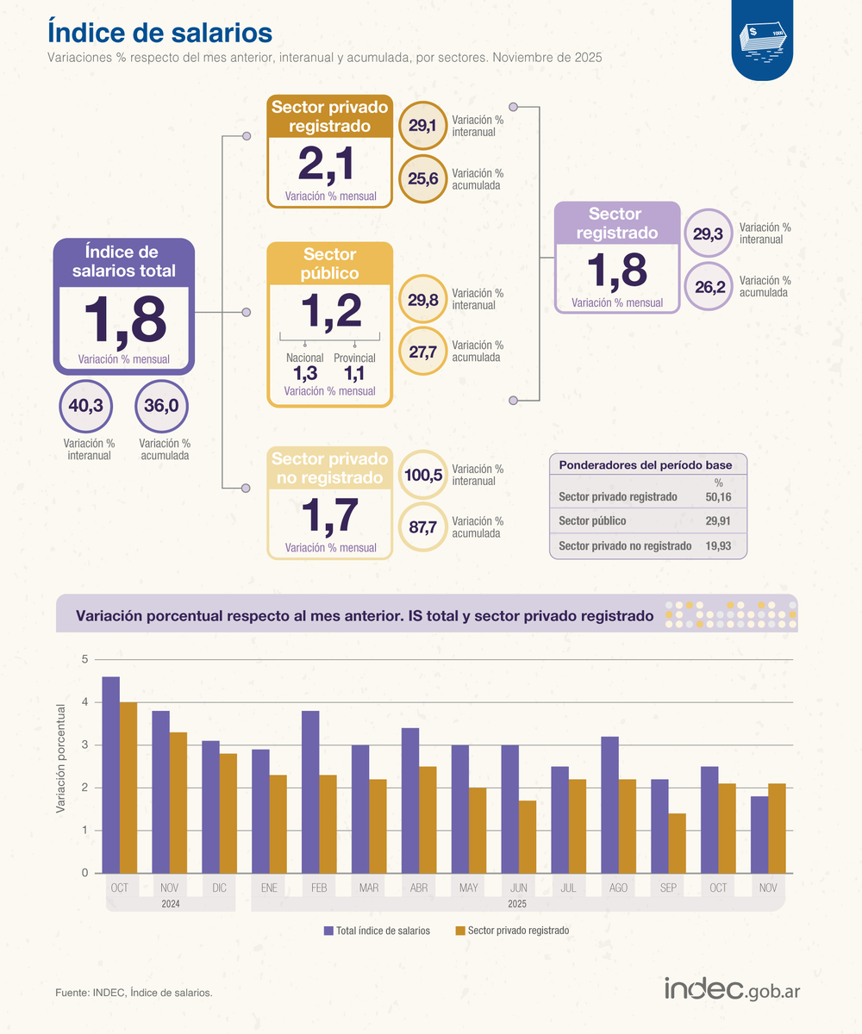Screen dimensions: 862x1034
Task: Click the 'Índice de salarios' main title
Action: click(160, 33)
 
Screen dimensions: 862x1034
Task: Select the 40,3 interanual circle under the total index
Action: click(85, 406)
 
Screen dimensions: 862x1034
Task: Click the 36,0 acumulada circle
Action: click(161, 406)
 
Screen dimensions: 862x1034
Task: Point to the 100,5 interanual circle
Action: click(423, 475)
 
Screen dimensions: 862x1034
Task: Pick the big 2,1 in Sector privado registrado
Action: click(327, 164)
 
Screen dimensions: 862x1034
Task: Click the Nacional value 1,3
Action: click(305, 374)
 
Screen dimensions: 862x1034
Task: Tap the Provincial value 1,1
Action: click(354, 374)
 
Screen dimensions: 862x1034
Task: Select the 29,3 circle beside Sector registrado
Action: click(709, 234)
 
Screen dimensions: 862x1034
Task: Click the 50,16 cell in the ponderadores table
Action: click(718, 496)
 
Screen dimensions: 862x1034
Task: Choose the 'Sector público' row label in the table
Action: click(592, 521)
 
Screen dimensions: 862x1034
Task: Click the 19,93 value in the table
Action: click(718, 545)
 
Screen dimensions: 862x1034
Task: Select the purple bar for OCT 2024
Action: click(111, 775)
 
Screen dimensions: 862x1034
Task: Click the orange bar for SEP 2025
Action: click(678, 843)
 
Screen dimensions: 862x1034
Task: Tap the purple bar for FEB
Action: click(310, 792)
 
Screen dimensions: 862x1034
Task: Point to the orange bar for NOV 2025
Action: click(777, 828)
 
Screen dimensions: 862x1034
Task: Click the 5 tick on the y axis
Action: click(85, 659)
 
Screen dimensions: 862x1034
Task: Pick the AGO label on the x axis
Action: click(618, 888)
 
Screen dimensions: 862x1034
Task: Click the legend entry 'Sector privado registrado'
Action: click(512, 931)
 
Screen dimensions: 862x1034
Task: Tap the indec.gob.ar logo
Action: click(732, 989)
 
